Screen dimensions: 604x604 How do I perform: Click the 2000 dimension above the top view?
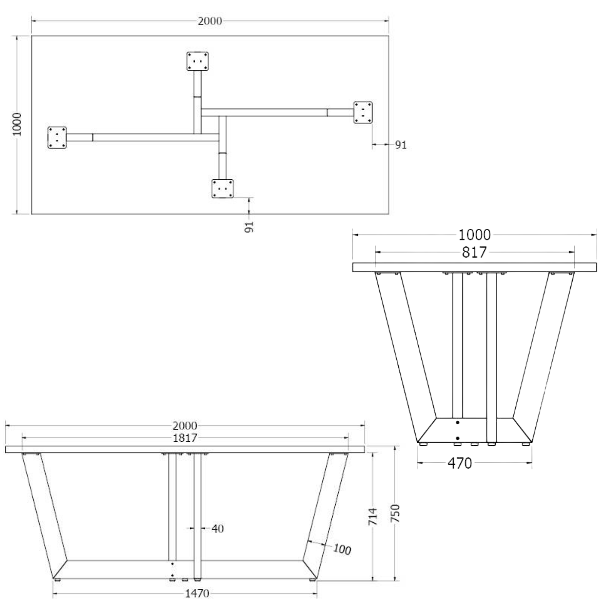(210, 21)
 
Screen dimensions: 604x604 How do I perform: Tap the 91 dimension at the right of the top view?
(401, 145)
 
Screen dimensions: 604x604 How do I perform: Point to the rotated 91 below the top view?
(249, 227)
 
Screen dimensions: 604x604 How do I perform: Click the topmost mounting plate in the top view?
(197, 61)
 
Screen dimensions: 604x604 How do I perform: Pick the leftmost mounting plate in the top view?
(57, 137)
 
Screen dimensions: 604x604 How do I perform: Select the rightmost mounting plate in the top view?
(363, 112)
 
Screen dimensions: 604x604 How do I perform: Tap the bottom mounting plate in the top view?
(223, 188)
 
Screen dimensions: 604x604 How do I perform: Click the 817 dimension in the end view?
(475, 252)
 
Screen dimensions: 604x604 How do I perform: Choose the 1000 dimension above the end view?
(475, 235)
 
